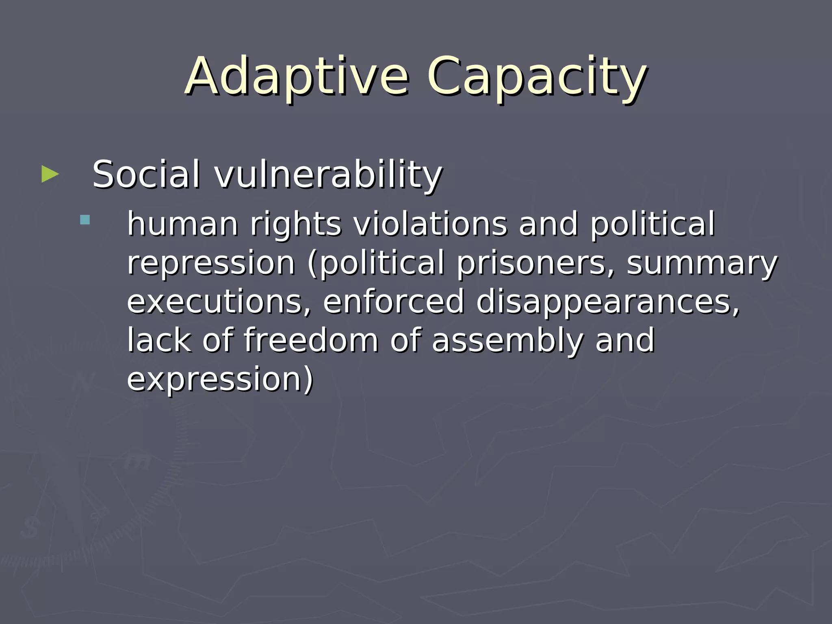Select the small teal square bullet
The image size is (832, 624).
tap(85, 220)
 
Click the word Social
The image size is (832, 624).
tap(146, 174)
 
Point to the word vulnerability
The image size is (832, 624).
tap(328, 175)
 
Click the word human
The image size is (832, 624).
tap(183, 224)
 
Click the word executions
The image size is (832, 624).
tap(219, 301)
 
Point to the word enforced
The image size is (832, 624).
tap(393, 301)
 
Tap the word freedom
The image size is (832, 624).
tap(311, 340)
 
